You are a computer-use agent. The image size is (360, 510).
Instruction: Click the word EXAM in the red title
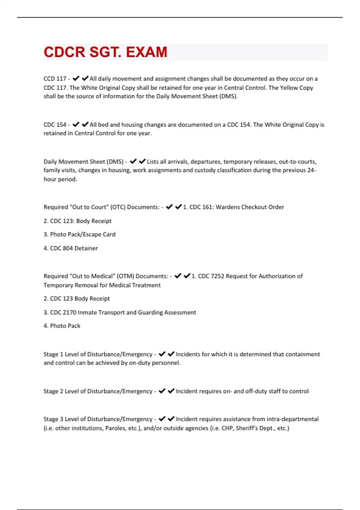146,52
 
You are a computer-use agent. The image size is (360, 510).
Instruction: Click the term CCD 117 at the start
55,79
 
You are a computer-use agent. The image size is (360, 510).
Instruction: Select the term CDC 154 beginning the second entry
55,125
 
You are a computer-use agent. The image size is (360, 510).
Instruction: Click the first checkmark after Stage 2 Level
162,391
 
